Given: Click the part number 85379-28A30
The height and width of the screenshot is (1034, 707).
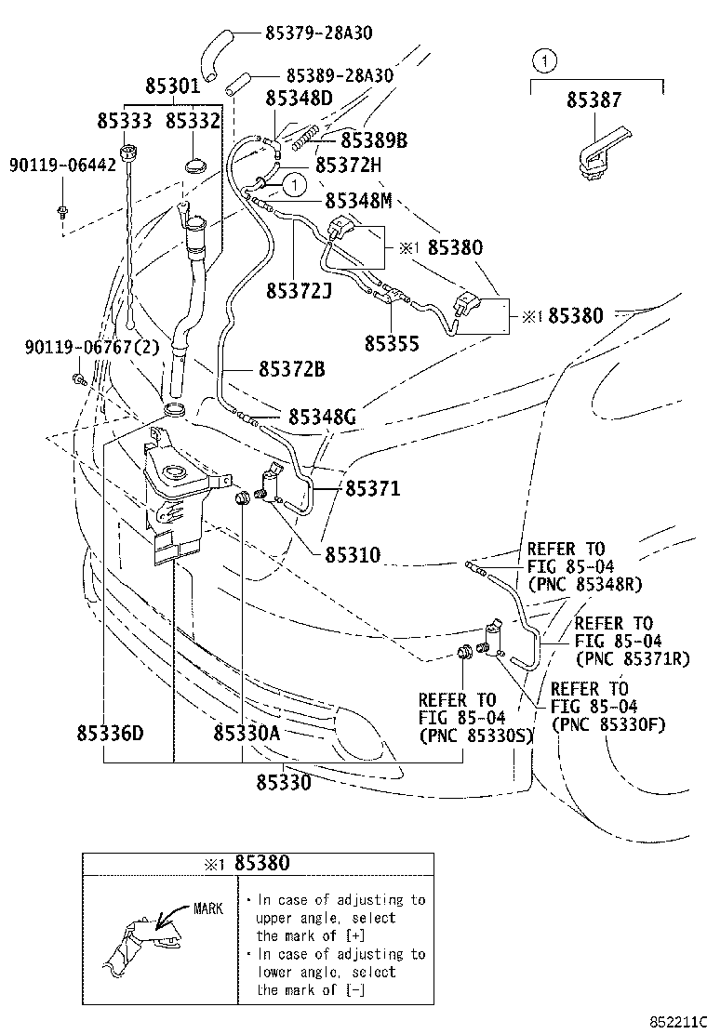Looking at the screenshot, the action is click(318, 33).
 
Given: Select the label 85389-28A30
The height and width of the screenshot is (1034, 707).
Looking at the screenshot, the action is click(340, 75).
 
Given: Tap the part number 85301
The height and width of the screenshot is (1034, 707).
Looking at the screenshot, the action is click(172, 86).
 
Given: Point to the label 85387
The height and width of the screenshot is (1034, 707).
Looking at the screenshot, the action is click(594, 99).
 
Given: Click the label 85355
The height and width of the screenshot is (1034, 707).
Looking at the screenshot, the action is click(392, 343).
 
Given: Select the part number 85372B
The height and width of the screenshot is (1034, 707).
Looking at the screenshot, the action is click(291, 369).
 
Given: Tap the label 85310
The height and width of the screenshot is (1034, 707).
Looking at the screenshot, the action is click(353, 554).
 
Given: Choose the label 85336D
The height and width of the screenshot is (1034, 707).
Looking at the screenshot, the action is click(110, 733).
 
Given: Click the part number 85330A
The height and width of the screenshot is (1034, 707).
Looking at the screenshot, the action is click(247, 733).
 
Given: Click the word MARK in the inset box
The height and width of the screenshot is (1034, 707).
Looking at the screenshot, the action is click(208, 908).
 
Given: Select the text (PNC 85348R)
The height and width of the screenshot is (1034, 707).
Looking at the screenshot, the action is click(585, 584).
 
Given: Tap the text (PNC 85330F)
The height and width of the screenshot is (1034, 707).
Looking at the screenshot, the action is click(608, 724).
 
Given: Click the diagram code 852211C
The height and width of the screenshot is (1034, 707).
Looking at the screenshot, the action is click(678, 1022).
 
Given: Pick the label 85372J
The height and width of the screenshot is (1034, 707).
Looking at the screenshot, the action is click(299, 291).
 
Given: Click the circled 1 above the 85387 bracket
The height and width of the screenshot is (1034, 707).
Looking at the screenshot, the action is click(545, 60).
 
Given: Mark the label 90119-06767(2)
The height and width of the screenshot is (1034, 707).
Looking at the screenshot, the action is click(92, 347).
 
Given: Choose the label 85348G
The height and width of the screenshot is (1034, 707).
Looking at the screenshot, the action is click(323, 417).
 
